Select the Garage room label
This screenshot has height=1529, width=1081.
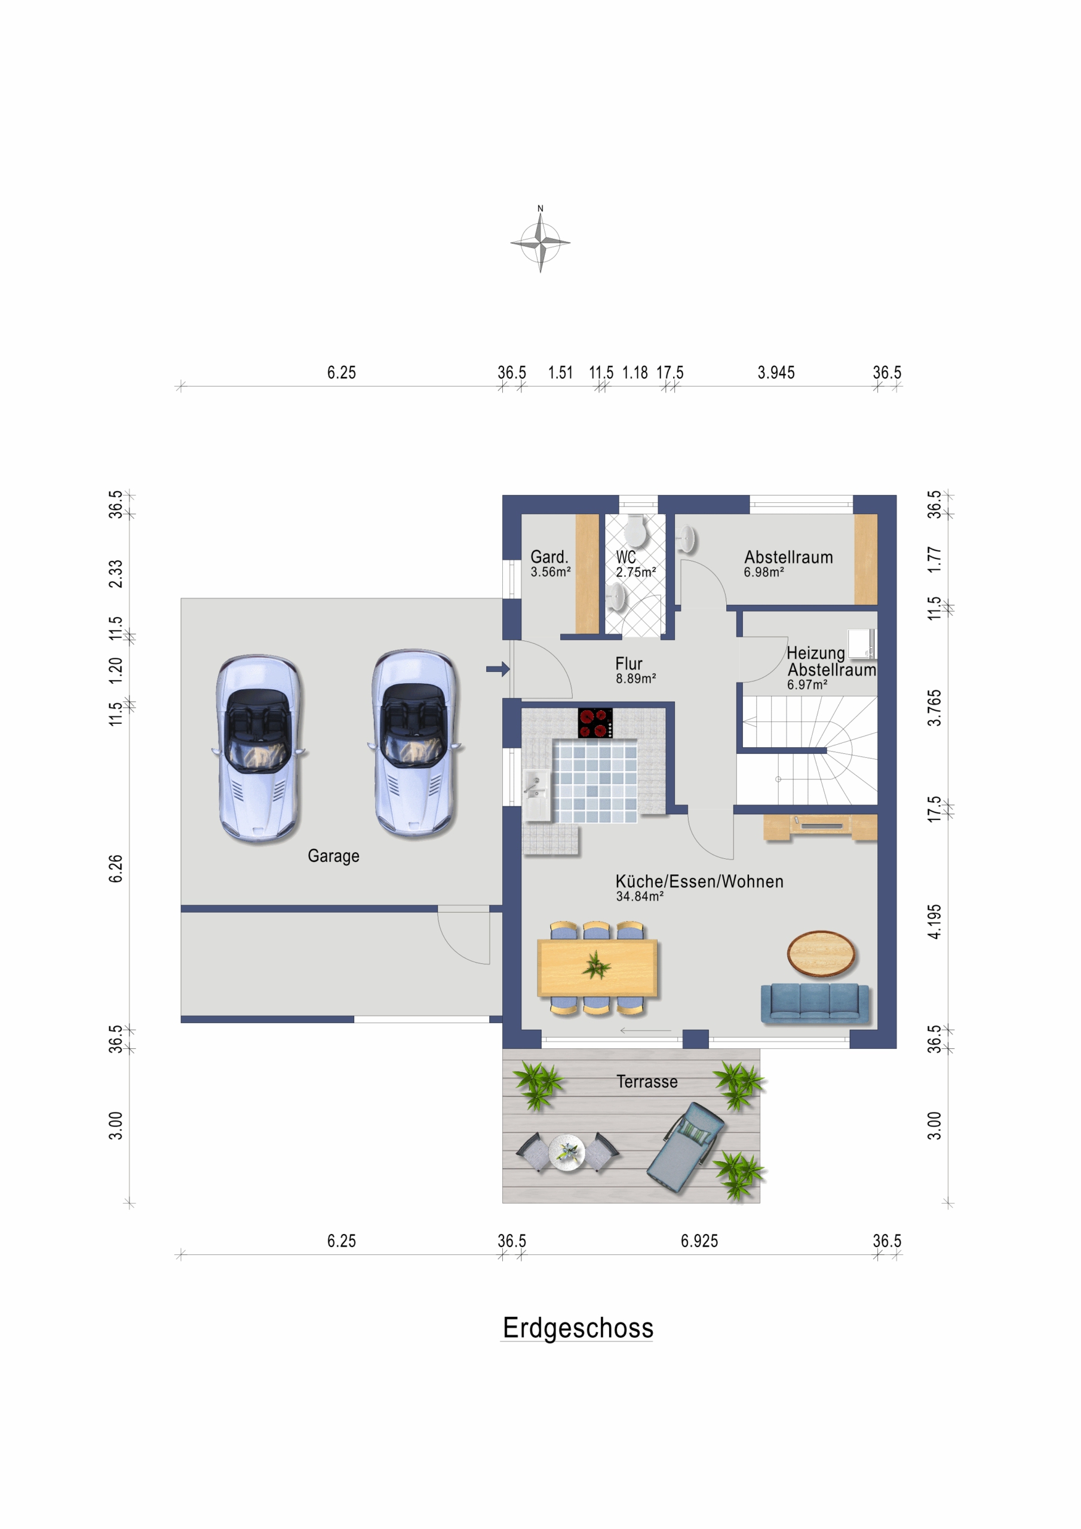pos(333,856)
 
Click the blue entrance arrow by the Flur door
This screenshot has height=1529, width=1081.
pos(497,668)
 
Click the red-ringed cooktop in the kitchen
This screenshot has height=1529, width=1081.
pos(595,723)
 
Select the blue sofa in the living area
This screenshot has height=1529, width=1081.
pos(815,1003)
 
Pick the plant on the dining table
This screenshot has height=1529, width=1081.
pos(596,965)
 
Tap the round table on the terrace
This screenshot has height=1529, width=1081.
pos(567,1152)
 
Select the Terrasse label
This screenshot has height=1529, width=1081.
pos(647,1082)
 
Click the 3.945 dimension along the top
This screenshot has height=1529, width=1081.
pos(776,372)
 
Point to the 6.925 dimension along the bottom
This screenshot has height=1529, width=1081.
pos(699,1241)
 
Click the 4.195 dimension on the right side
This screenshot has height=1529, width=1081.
pos(935,922)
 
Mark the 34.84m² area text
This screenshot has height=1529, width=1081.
pos(640,896)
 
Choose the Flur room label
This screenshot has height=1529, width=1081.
pos(629,664)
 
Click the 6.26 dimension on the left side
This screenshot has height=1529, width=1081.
pos(115,868)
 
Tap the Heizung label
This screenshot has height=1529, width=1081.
pos(815,653)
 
